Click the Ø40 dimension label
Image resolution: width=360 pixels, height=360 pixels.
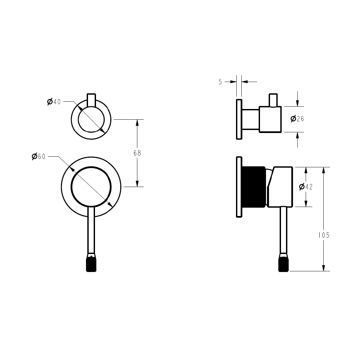click(54, 102)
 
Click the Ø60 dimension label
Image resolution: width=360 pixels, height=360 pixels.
click(39, 156)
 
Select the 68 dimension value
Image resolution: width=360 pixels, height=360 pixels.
click(137, 153)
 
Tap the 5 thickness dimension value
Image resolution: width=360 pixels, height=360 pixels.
click(220, 82)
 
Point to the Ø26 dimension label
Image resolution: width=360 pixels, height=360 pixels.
click(297, 119)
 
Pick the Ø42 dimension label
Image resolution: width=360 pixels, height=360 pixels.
click(306, 187)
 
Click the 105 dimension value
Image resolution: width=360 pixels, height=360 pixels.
click(323, 235)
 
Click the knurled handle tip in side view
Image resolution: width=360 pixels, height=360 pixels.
click(283, 265)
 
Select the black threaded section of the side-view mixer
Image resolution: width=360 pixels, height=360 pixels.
click(253, 187)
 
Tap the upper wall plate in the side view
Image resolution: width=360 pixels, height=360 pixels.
click(239, 119)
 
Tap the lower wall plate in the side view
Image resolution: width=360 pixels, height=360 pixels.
click(239, 187)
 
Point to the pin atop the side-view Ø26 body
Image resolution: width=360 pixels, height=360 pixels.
click(273, 100)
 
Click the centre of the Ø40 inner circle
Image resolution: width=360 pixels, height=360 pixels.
click(91, 119)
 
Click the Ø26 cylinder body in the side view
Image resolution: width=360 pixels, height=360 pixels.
click(270, 119)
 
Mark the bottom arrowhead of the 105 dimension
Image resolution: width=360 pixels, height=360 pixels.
click(323, 268)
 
